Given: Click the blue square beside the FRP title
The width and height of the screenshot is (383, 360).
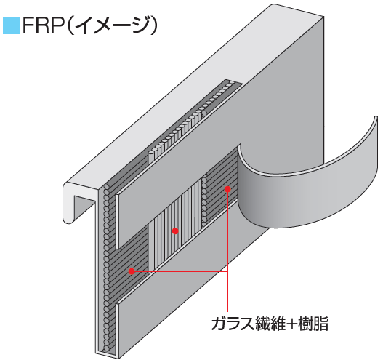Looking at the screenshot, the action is tap(12, 25).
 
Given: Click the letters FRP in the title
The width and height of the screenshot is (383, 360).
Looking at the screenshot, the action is tap(43, 25).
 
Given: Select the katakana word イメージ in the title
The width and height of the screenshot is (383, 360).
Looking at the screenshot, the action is tap(111, 25).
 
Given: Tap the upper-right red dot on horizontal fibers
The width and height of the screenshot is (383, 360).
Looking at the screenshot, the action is tap(227, 189).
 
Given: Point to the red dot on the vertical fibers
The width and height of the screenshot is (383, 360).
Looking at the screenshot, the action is tap(175, 231).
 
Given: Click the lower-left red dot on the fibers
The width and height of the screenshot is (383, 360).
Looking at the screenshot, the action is tap(132, 271).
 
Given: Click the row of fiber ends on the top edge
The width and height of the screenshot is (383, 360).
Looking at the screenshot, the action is tap(193, 117).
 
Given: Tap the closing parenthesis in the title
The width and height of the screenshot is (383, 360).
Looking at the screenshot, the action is tap(153, 25).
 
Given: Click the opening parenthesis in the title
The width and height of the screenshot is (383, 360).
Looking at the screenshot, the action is tap(69, 25).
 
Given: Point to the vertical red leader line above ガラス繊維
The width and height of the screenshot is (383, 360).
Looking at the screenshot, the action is tap(227, 252).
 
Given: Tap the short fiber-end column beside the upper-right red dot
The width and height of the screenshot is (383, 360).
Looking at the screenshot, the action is tap(205, 199).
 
